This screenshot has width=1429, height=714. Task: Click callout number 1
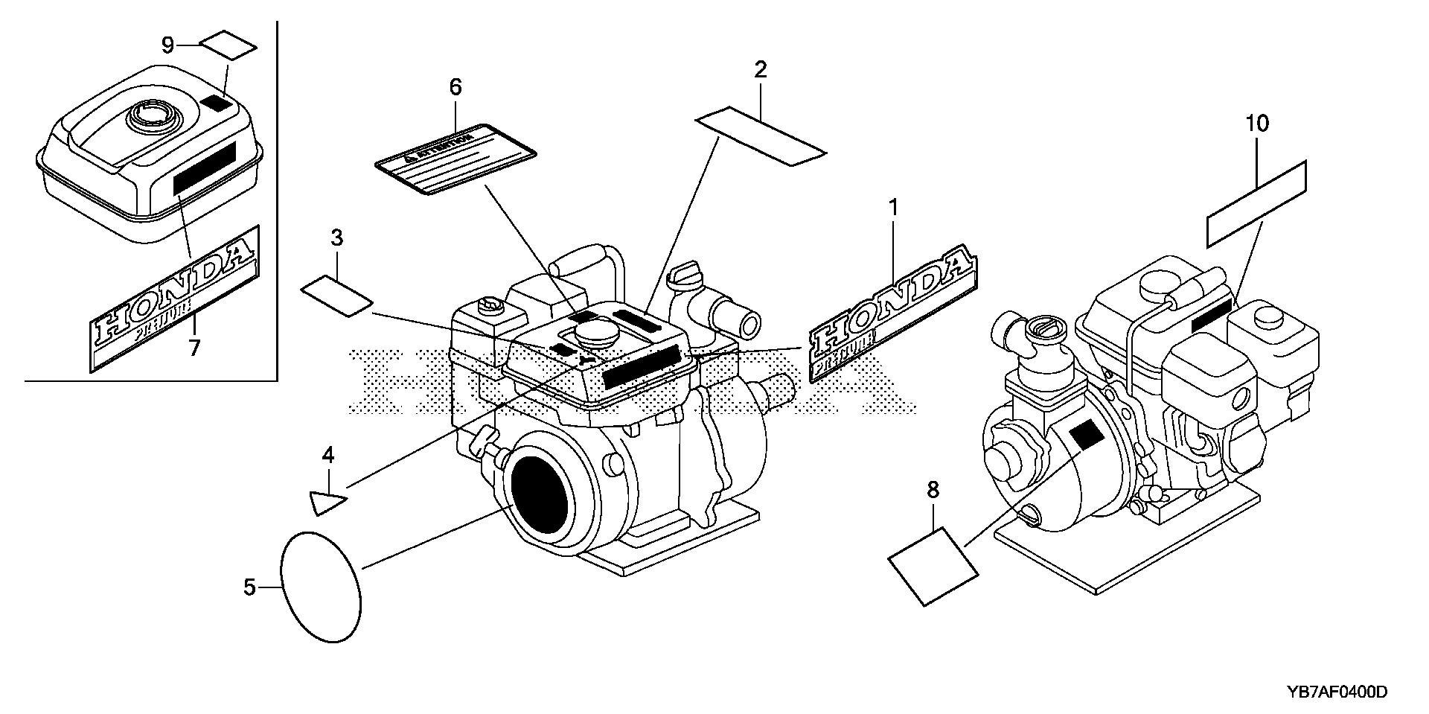pos(893,208)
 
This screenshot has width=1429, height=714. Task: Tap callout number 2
pos(760,70)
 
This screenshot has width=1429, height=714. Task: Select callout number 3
pos(336,238)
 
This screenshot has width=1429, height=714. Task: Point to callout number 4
pos(327,455)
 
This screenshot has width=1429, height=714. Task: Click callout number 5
pos(249,587)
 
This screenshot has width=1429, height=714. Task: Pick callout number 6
pos(455,87)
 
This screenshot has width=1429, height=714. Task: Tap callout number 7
pos(194,348)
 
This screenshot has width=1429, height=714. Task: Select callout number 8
pos(933,490)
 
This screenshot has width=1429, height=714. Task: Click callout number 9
pos(168,45)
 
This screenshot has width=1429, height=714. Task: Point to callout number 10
pos(1257,124)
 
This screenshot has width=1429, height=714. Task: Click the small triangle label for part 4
pos(326,502)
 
